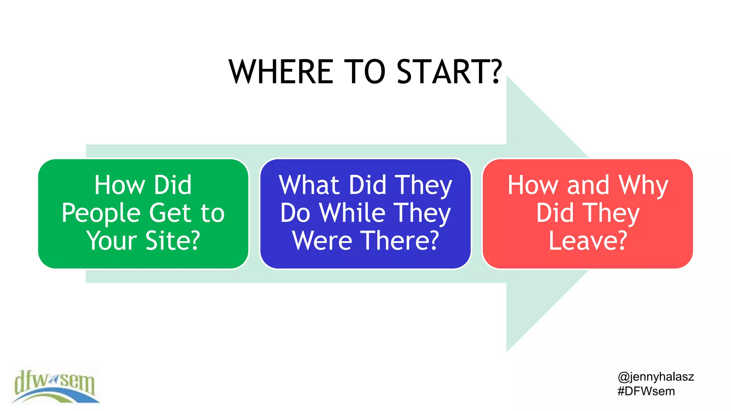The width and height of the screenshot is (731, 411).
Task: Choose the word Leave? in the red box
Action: click(588, 240)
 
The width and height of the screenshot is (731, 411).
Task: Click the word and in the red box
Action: click(588, 185)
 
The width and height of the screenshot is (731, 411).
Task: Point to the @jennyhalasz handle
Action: click(656, 377)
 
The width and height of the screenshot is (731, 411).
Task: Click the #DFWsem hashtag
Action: click(646, 391)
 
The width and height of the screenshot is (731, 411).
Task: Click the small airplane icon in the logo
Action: click(54, 380)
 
